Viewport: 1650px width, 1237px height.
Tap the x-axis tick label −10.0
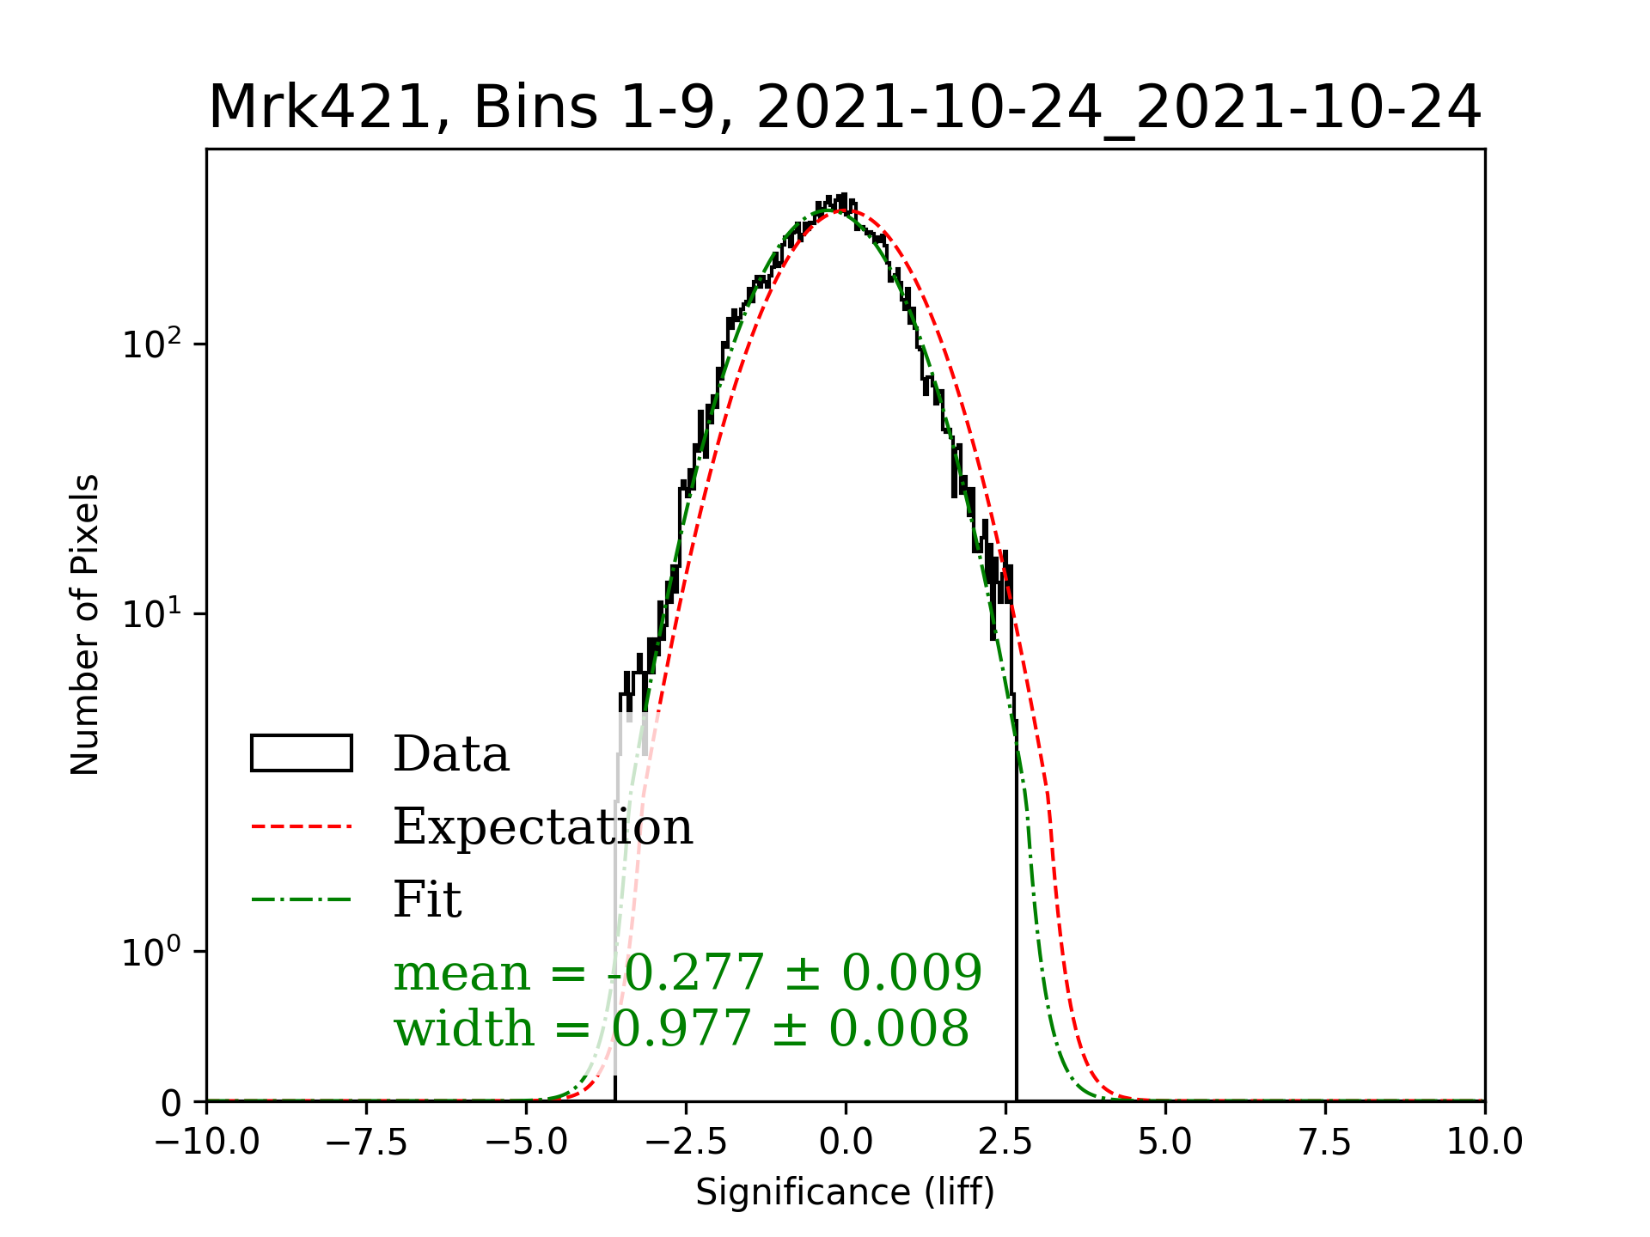207,1143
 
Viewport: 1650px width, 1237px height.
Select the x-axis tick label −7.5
366,1143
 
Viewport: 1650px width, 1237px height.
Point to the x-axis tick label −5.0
526,1143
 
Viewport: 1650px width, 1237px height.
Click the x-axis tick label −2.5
686,1143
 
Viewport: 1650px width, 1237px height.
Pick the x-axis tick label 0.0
846,1143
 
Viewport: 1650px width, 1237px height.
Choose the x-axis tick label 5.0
1165,1143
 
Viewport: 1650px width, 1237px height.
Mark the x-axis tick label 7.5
1325,1143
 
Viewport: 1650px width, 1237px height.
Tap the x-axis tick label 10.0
1485,1143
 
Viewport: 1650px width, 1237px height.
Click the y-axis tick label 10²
153,344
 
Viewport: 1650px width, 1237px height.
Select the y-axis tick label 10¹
153,614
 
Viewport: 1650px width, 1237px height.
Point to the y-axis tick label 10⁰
153,952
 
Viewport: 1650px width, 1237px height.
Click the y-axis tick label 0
172,1103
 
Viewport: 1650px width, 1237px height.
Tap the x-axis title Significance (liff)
845,1192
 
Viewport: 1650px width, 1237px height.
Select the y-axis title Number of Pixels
85,625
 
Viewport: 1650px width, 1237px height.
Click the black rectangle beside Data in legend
302,753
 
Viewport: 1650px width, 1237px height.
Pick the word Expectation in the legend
542,826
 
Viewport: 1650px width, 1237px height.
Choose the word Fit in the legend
427,899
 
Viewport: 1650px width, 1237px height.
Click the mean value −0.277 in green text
685,972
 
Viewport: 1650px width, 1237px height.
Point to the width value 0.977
681,1028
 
